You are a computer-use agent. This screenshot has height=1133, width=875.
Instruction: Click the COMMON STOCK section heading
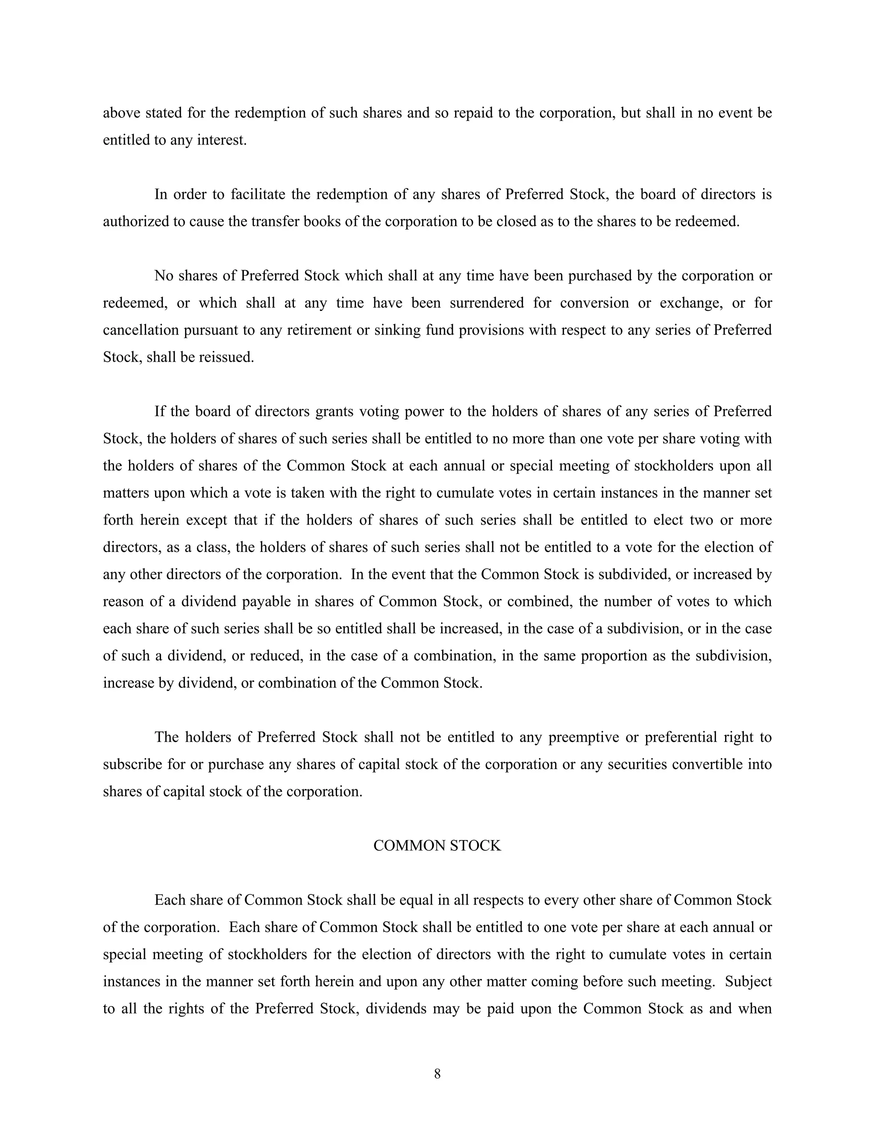(437, 846)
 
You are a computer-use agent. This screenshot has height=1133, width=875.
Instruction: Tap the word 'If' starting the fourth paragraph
(159, 411)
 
